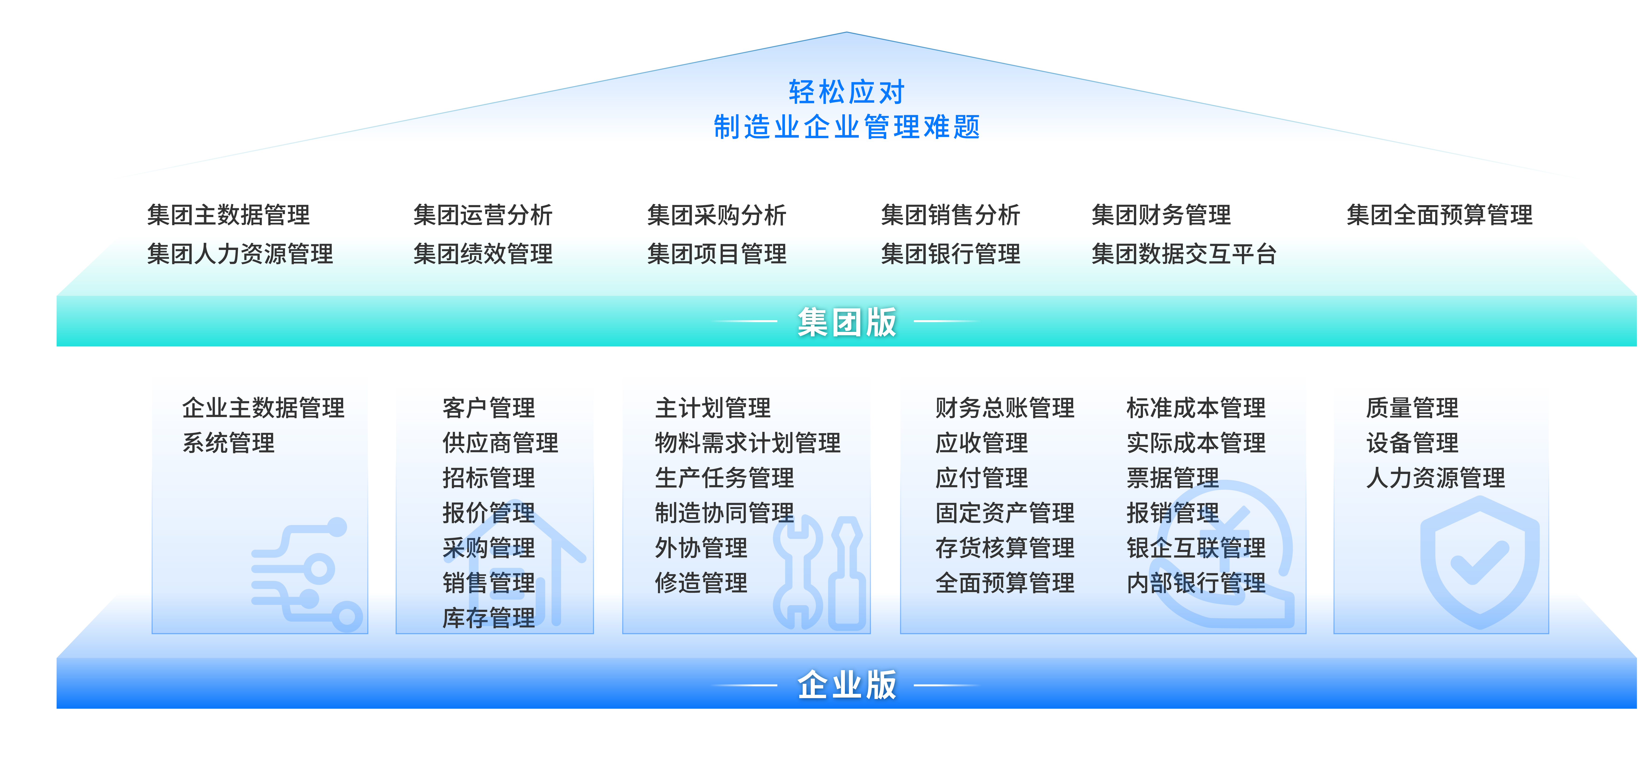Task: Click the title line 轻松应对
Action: click(x=847, y=92)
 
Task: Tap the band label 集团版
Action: click(x=847, y=322)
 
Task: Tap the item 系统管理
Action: click(x=228, y=442)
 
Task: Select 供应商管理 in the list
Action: click(x=500, y=442)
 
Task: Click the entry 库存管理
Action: click(x=489, y=618)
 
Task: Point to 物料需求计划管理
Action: click(x=748, y=442)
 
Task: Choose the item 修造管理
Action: click(x=701, y=582)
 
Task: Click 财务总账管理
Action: click(x=1005, y=407)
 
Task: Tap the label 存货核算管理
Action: click(x=1005, y=547)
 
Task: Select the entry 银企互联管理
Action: click(x=1196, y=547)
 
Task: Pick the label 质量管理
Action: click(x=1413, y=407)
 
